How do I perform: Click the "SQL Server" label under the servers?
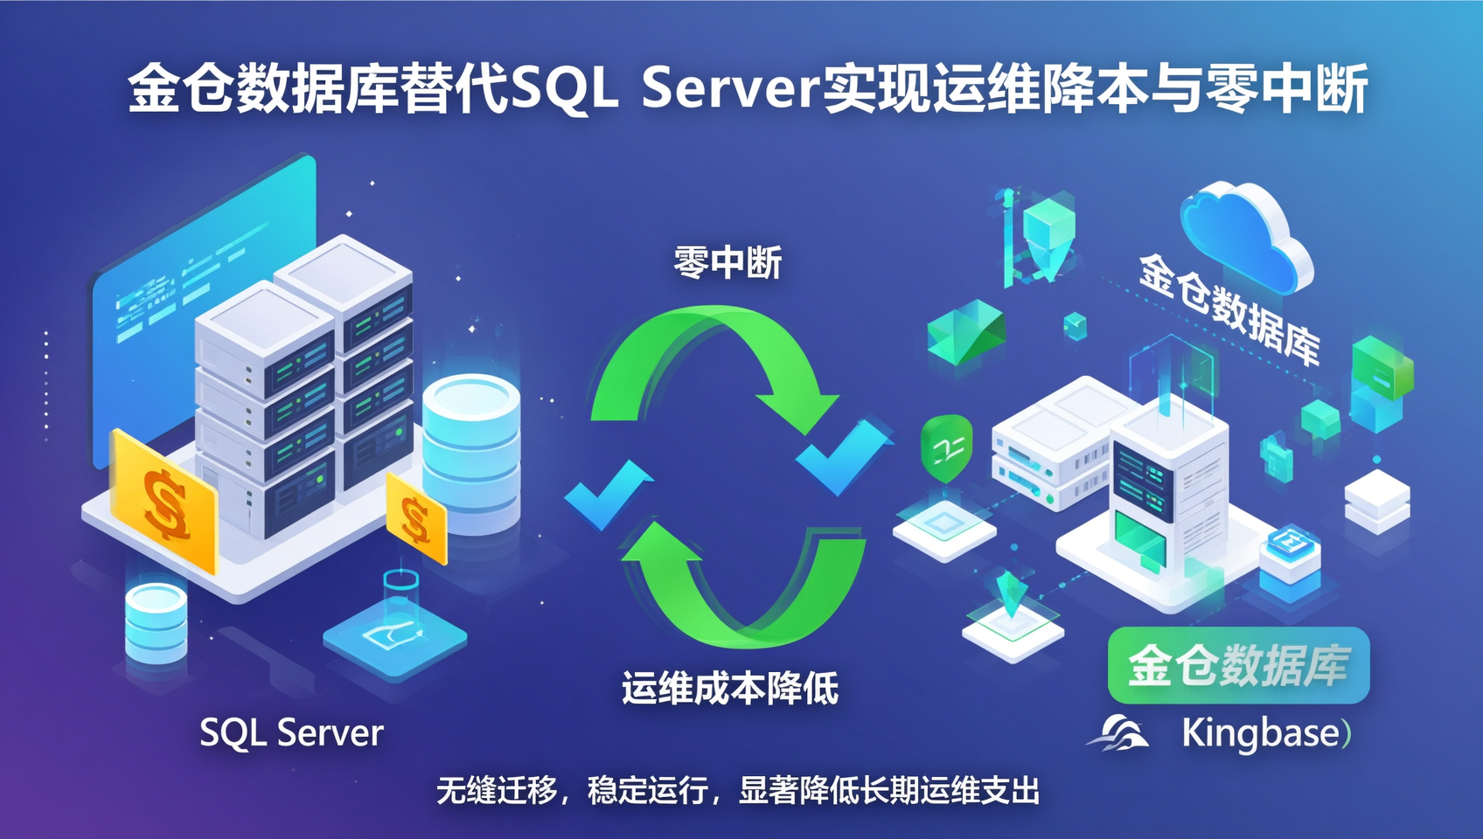291,733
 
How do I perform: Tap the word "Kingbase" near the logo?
1261,734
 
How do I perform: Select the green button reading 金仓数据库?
1239,665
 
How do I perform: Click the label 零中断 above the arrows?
728,262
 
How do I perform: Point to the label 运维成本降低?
730,688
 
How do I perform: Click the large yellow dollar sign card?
164,501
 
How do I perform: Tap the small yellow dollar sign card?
415,519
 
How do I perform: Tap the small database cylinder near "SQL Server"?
157,622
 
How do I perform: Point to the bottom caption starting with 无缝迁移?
738,790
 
